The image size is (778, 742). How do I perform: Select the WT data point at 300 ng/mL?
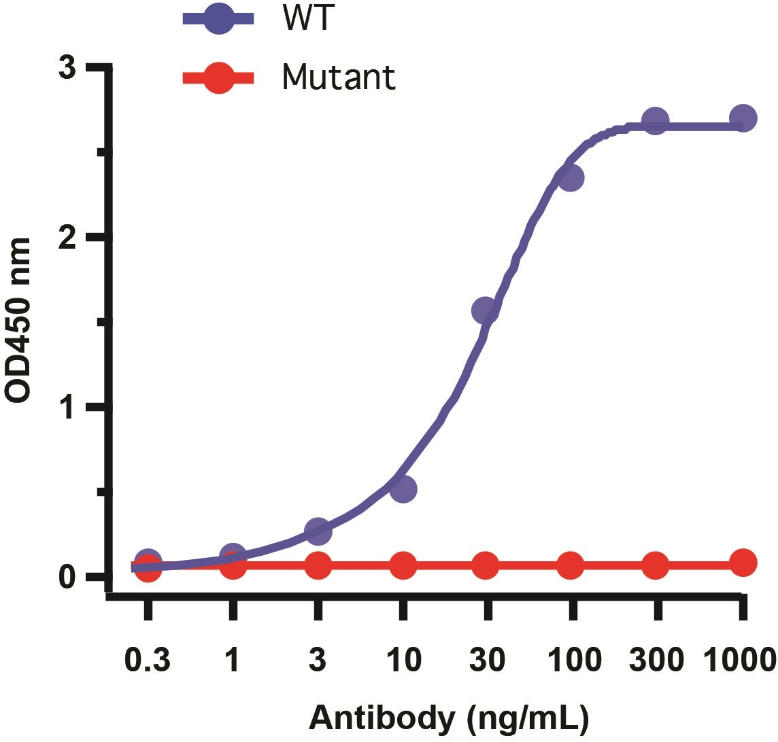click(x=655, y=121)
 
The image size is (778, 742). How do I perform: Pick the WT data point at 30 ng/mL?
click(x=485, y=311)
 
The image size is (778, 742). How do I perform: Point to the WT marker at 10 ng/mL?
click(x=403, y=489)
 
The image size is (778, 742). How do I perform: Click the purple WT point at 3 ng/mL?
click(x=318, y=531)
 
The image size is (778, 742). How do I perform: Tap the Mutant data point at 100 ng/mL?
click(x=570, y=565)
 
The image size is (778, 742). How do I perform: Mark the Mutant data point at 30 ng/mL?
click(x=485, y=565)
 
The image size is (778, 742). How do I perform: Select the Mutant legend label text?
click(x=338, y=78)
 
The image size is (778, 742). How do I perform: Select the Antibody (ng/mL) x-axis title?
click(x=450, y=718)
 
